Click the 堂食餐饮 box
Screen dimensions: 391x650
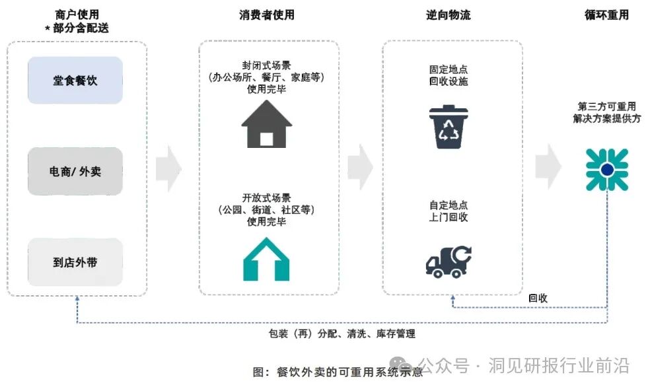[75, 81]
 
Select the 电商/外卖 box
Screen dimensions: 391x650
[75, 171]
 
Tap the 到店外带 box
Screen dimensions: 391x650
[75, 262]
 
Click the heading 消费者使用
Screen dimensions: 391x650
[267, 15]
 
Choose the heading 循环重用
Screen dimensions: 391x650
[606, 15]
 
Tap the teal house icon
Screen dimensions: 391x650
[266, 259]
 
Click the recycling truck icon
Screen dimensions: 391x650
[449, 260]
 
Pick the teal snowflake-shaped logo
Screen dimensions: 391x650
[606, 170]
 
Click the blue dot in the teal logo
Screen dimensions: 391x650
[606, 170]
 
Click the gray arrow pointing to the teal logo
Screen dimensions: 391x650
[548, 168]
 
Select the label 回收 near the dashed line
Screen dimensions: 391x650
[538, 298]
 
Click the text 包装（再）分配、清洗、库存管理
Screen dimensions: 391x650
[342, 334]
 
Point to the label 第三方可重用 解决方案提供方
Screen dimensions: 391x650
[606, 112]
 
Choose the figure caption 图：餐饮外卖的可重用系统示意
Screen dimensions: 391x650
[338, 372]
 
